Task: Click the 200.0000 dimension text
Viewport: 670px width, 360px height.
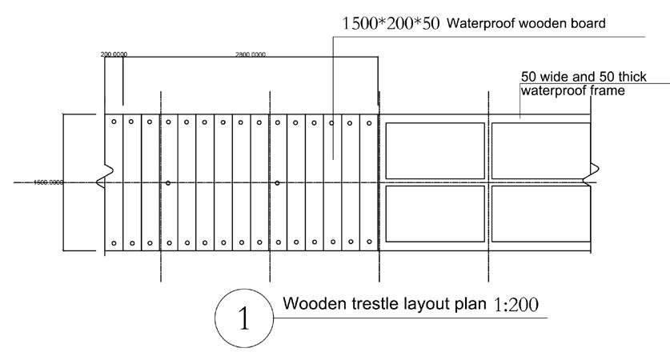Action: click(x=114, y=54)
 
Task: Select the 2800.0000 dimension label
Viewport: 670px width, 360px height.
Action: click(x=251, y=54)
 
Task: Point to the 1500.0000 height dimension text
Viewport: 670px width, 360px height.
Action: click(x=48, y=182)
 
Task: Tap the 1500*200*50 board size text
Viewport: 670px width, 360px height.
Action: click(x=391, y=23)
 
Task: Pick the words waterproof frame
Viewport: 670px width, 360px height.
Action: click(x=572, y=90)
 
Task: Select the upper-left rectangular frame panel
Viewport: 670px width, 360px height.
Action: click(x=435, y=151)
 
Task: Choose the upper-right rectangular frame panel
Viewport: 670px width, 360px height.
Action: click(x=541, y=151)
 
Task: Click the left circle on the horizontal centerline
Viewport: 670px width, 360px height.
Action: click(x=168, y=183)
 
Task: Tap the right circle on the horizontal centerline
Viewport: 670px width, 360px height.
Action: click(x=277, y=183)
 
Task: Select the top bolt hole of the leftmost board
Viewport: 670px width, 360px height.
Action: click(x=114, y=122)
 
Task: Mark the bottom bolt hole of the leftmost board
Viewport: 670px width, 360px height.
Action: click(x=114, y=242)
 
